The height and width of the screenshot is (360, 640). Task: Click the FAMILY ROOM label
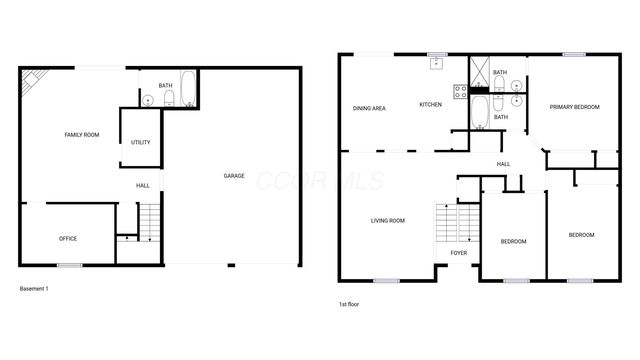click(x=81, y=134)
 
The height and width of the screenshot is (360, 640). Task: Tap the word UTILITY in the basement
click(x=141, y=142)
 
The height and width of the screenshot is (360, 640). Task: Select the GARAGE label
click(x=233, y=176)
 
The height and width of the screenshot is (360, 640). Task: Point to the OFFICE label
click(x=68, y=238)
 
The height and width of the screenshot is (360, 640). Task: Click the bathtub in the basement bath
click(x=187, y=89)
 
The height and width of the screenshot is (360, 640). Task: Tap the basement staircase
click(x=148, y=219)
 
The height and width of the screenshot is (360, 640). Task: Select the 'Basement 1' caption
click(x=34, y=289)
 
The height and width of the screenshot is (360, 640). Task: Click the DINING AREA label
click(x=369, y=107)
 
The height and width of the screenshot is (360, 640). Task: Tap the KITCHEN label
click(x=430, y=105)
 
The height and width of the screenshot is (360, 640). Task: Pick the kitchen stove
click(x=461, y=92)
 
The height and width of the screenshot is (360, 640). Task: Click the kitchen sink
click(x=437, y=64)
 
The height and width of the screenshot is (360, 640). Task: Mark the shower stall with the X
click(x=480, y=71)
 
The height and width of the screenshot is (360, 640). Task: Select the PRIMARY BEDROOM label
click(x=574, y=107)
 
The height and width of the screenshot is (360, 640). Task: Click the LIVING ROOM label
click(x=387, y=220)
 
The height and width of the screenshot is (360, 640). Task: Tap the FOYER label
click(x=458, y=253)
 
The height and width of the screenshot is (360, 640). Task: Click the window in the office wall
click(x=69, y=264)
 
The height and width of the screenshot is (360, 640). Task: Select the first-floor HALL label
click(x=504, y=164)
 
